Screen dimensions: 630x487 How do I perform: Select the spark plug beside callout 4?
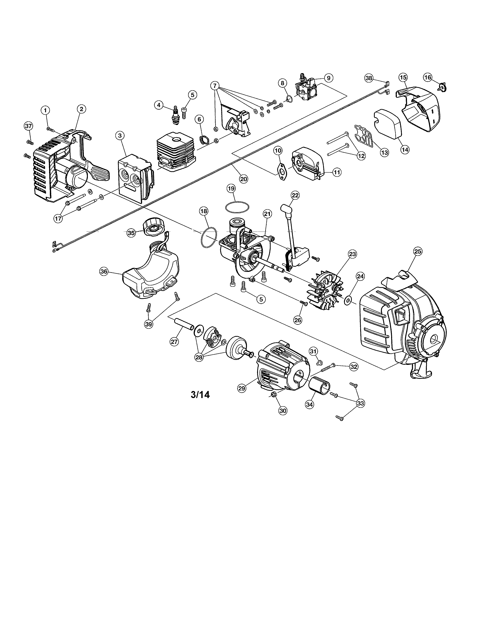coord(175,115)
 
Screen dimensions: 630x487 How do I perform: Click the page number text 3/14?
coord(200,394)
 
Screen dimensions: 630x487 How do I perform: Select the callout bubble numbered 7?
coord(214,86)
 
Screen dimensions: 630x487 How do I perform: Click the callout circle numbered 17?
coord(58,218)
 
